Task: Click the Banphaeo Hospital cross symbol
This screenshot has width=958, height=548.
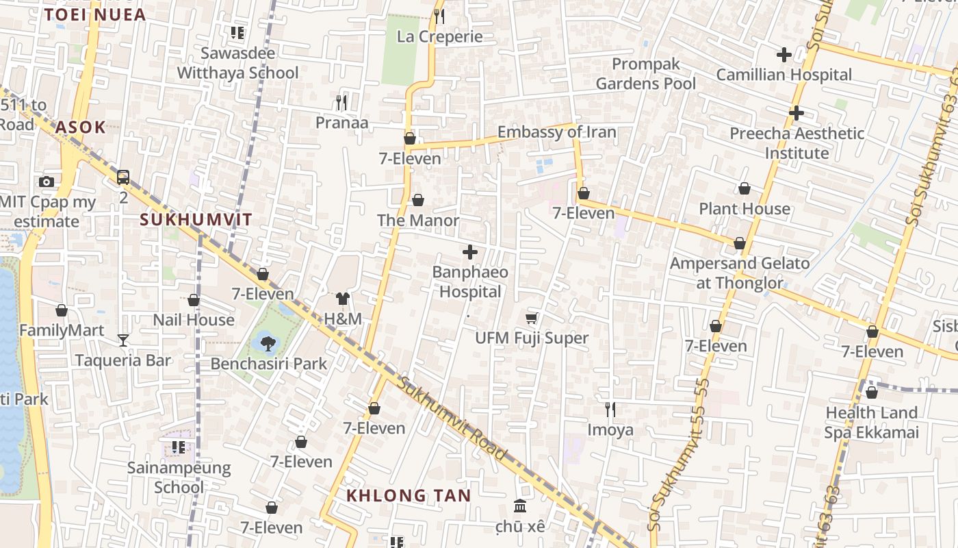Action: click(470, 252)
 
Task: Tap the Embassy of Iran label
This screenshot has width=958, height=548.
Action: click(556, 132)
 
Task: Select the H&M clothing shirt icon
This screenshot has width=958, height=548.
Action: click(343, 299)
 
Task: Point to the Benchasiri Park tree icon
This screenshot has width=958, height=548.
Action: click(268, 343)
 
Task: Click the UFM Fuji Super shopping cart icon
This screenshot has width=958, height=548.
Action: click(532, 318)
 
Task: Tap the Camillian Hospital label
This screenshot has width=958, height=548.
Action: click(784, 75)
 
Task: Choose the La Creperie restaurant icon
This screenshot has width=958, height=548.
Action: click(439, 16)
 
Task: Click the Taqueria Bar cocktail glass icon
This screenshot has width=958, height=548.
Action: click(123, 340)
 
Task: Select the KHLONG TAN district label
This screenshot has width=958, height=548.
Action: click(408, 496)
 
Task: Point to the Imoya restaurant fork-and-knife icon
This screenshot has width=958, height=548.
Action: click(610, 410)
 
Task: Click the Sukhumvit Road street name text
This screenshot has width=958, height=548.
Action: click(453, 419)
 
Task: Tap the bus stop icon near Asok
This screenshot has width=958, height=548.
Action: click(123, 177)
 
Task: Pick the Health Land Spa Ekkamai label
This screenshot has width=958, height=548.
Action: click(870, 423)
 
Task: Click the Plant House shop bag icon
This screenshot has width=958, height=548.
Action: click(745, 188)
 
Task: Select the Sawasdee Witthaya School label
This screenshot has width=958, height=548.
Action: click(237, 63)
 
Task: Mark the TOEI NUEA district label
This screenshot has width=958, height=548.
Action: click(94, 15)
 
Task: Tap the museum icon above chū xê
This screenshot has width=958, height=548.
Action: click(520, 506)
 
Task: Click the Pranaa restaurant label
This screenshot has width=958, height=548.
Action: click(341, 123)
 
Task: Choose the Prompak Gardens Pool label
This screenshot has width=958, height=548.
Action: click(645, 74)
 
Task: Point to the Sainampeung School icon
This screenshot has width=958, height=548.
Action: click(179, 447)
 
